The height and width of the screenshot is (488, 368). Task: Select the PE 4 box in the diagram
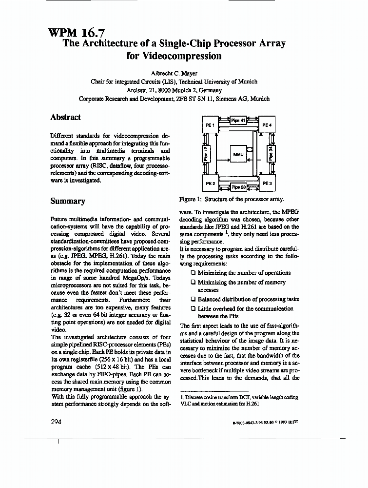click(x=267, y=125)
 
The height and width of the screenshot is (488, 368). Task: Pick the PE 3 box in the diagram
click(x=267, y=183)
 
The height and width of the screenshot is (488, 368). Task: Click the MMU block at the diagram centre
click(x=238, y=154)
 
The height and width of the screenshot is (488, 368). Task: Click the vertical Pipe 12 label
click(x=206, y=154)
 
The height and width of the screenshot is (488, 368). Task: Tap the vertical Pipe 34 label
click(x=271, y=154)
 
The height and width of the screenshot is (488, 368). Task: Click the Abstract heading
click(x=65, y=118)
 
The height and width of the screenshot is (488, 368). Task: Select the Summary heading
click(x=68, y=201)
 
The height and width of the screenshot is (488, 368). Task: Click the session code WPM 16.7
click(x=73, y=33)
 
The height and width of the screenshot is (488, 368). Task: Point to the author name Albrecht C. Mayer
click(x=174, y=73)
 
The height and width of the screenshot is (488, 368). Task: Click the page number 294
click(x=56, y=422)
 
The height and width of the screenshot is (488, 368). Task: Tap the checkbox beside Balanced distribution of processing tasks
click(x=194, y=299)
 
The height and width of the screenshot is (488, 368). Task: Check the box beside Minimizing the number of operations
click(x=194, y=273)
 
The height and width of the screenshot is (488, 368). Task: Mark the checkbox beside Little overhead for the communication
click(x=194, y=308)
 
